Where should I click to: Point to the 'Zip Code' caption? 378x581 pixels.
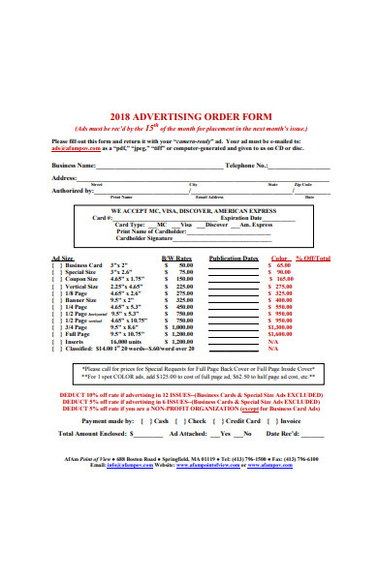[303, 184]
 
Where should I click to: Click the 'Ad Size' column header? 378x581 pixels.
[61, 259]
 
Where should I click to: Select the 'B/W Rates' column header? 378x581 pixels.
[176, 259]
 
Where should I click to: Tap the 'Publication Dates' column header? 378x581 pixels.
[234, 259]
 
